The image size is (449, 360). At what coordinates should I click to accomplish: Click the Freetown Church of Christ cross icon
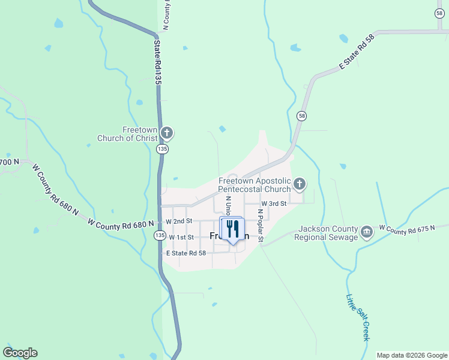[167, 133]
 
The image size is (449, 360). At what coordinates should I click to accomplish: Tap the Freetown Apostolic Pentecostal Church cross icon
[299, 184]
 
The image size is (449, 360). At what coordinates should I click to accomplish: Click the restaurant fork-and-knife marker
[232, 229]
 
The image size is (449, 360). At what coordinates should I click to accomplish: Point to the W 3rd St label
[274, 203]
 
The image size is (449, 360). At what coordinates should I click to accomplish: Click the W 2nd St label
[178, 221]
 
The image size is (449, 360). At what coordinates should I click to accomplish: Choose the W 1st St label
[181, 238]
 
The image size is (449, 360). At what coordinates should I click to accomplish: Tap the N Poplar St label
[261, 226]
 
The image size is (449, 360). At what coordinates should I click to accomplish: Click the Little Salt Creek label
[358, 317]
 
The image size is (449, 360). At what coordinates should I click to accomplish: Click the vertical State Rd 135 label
[158, 62]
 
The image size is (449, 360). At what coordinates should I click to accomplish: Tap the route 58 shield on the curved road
[301, 115]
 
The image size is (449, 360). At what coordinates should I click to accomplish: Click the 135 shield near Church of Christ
[161, 149]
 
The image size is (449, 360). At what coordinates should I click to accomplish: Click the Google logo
[20, 353]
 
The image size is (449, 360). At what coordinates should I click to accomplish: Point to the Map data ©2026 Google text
[412, 355]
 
